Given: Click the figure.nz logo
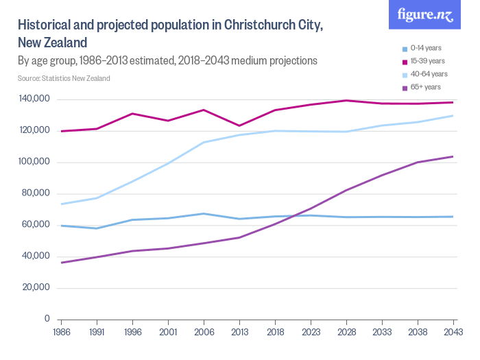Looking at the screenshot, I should (x=427, y=15).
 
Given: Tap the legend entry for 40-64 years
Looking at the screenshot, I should (x=428, y=74).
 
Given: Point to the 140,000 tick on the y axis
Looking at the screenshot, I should (x=32, y=99).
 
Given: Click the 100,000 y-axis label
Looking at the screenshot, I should (x=32, y=162).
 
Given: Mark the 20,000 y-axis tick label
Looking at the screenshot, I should (x=34, y=287).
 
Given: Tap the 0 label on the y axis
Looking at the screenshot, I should (x=47, y=319).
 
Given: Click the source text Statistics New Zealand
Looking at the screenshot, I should (x=64, y=78).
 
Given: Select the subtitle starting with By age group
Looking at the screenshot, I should (x=167, y=60).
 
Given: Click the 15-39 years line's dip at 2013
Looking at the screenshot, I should (x=239, y=125).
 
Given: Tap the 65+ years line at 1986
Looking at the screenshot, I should (x=62, y=263).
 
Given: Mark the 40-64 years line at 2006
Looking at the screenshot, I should (x=204, y=143).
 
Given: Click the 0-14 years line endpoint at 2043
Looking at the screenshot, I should (x=453, y=217).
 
